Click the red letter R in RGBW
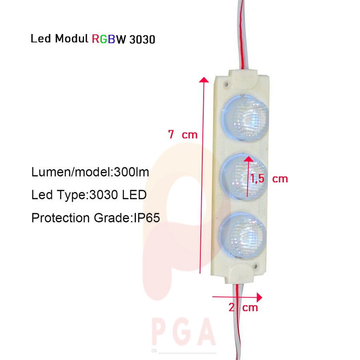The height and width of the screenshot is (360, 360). point(95,39)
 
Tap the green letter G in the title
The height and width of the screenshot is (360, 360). point(104,39)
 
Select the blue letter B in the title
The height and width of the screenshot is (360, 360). point(111,39)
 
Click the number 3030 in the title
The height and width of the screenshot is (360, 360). point(142,40)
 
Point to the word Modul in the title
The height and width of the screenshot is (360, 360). point(72,38)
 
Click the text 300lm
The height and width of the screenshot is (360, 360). point(131,172)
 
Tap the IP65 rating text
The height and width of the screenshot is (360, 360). point(147,218)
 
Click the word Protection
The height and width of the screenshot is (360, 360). point(60,218)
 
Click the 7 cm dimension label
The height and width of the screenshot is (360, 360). point(183,134)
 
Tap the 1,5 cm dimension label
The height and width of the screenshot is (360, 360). point(269,179)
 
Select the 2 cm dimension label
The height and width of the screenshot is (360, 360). point(243,307)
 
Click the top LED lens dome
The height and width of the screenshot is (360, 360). point(245,117)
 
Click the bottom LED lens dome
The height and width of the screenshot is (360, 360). point(242,235)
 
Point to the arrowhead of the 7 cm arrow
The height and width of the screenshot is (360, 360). point(204,80)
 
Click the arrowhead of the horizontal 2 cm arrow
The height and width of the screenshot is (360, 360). point(260,297)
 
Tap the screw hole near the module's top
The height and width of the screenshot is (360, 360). point(227,84)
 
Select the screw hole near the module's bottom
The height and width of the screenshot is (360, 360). point(256,266)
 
